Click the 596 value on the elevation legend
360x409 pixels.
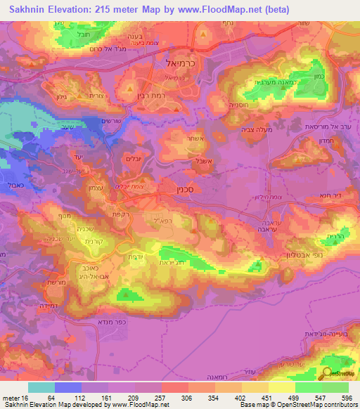(x=346, y=398)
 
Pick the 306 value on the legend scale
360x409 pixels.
(x=187, y=398)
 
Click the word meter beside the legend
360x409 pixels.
(x=11, y=398)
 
